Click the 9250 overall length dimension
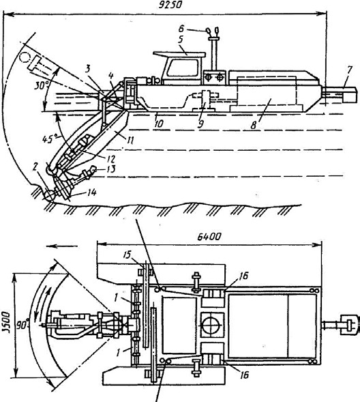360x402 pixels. pyautogui.click(x=170, y=5)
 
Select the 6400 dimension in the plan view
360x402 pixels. pyautogui.click(x=209, y=237)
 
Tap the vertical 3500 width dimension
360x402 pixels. pyautogui.click(x=6, y=322)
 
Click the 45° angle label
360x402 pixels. pyautogui.click(x=50, y=139)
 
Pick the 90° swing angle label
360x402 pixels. pyautogui.click(x=22, y=326)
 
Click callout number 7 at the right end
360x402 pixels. pyautogui.click(x=350, y=70)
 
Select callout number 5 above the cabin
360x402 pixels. pyautogui.click(x=181, y=40)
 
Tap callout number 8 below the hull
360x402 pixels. pyautogui.click(x=254, y=125)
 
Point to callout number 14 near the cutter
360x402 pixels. pyautogui.click(x=91, y=192)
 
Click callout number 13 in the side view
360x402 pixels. pyautogui.click(x=110, y=169)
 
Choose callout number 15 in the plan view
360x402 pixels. pyautogui.click(x=127, y=255)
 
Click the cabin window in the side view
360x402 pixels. pyautogui.click(x=183, y=68)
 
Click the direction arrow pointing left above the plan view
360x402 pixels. pyautogui.click(x=62, y=246)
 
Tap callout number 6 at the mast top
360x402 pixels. pyautogui.click(x=181, y=29)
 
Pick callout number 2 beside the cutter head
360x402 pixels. pyautogui.click(x=35, y=167)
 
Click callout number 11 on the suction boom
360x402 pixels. pyautogui.click(x=130, y=140)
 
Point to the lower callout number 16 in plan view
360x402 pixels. pyautogui.click(x=244, y=375)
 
